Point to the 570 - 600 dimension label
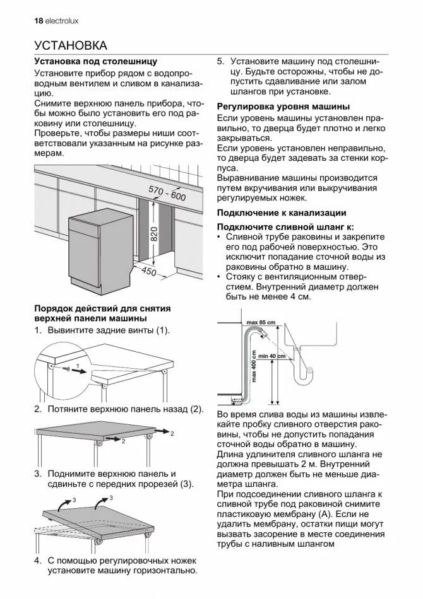coord(167,192)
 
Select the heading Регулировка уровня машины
coord(283,107)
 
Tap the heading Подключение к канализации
coord(281,212)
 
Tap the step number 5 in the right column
coord(220,62)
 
